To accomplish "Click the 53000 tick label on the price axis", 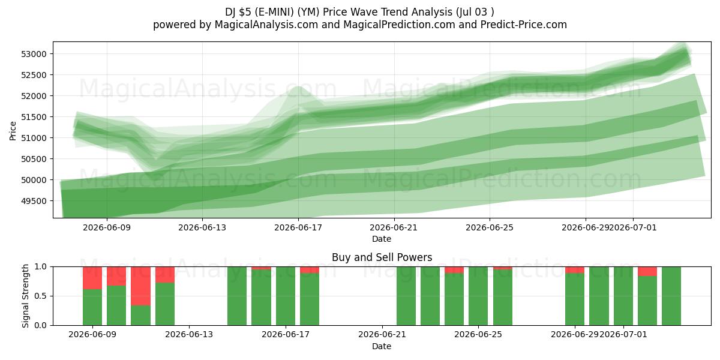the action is coord(34,54).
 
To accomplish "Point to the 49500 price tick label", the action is coord(34,201).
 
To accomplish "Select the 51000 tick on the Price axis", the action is coord(34,138).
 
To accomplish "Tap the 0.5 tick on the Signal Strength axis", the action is coord(41,296).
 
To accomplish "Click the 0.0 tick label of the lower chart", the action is coord(41,325).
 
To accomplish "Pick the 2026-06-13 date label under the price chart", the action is coord(202,227).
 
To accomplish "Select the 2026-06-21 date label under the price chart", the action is coord(394,227).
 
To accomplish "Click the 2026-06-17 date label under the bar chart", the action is coord(286,334).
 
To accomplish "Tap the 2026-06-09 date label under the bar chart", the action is coord(92,334).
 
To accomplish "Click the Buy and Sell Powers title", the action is coord(382,257).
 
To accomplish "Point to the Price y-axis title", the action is coord(13,131).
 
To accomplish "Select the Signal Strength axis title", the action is coord(25,296).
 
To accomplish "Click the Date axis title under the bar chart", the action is coord(382,346).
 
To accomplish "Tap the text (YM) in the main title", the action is coord(308,12).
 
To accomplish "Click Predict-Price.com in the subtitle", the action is coord(524,25).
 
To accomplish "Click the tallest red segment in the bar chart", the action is coord(140,286).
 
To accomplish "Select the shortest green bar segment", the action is coord(140,316).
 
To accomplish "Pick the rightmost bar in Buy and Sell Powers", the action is coord(671,296).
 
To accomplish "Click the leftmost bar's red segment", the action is coord(92,278).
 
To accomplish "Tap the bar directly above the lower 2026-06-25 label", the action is coord(478,296).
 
